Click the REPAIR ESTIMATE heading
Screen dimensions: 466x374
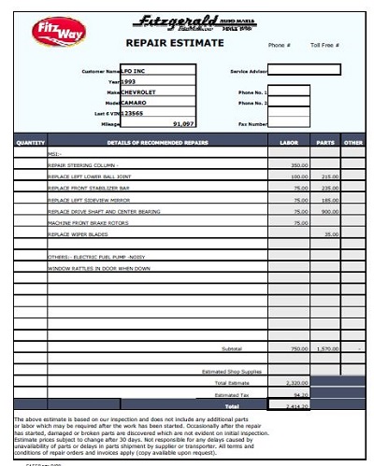tap(175, 43)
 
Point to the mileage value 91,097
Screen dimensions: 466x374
tap(183, 123)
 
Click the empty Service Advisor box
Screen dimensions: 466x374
tap(305, 70)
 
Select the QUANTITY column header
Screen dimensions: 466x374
tap(31, 143)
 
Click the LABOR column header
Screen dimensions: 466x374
tap(289, 143)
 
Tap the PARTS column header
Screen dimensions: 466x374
tap(325, 143)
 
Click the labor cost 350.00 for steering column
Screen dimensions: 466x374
tap(298, 164)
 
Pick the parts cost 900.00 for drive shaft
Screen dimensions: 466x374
tap(329, 211)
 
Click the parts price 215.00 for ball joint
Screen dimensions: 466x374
tap(329, 176)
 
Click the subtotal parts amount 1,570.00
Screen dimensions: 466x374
tap(326, 348)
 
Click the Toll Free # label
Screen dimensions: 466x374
tap(324, 45)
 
